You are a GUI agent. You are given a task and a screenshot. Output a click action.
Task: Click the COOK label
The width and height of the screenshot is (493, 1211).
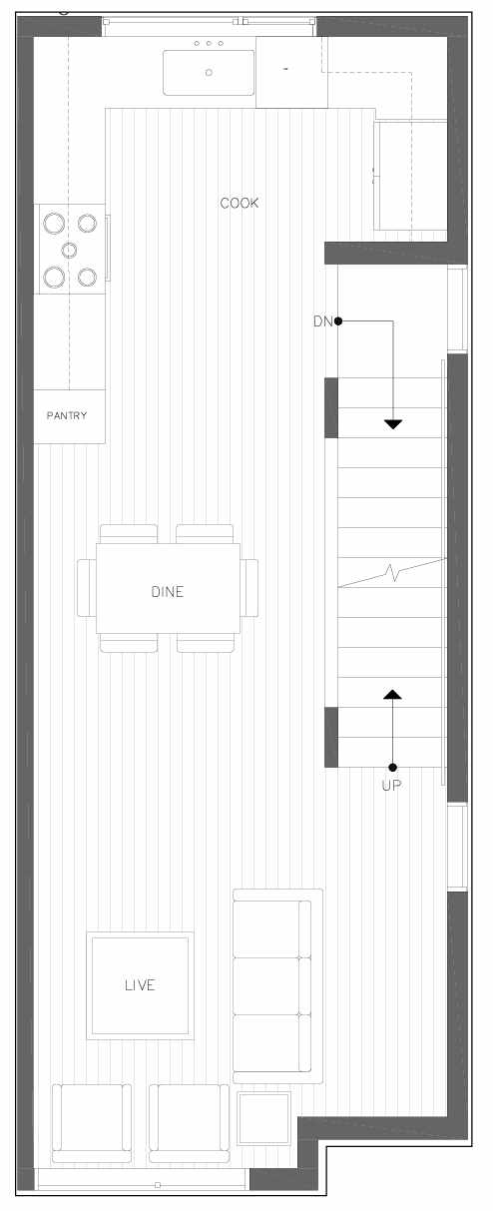tap(239, 203)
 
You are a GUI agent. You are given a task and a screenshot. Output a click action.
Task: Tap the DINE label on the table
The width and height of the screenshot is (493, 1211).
tap(168, 591)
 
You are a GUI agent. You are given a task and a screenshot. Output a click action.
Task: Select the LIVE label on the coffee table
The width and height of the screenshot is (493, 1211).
tap(140, 985)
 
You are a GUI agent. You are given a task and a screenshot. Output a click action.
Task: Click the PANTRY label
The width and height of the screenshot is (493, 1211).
tap(67, 415)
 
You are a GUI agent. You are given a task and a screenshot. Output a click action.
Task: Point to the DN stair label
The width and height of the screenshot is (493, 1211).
tap(322, 321)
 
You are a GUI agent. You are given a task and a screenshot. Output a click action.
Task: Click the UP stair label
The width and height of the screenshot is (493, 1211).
tap(391, 785)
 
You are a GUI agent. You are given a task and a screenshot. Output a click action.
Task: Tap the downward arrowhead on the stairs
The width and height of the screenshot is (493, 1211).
tap(393, 424)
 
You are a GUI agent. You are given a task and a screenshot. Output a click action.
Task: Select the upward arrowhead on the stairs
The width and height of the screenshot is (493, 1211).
tap(393, 695)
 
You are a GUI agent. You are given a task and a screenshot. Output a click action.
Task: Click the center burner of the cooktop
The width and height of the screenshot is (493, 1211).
tap(70, 250)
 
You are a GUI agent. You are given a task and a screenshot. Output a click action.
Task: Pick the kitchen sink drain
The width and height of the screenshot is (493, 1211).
tap(209, 73)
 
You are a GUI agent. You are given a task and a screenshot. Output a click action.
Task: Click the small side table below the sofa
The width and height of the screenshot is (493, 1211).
tap(263, 1118)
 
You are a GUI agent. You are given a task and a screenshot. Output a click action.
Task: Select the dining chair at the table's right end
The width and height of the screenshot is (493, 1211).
tap(249, 588)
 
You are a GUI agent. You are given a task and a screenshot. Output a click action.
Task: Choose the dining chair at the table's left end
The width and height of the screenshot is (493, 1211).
tap(87, 588)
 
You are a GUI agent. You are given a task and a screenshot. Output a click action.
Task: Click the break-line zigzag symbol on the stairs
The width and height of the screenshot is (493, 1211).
tap(393, 572)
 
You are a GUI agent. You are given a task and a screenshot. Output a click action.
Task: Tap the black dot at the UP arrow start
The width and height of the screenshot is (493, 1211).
tap(393, 767)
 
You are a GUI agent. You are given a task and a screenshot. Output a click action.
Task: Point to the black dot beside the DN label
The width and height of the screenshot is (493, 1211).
tap(338, 321)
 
